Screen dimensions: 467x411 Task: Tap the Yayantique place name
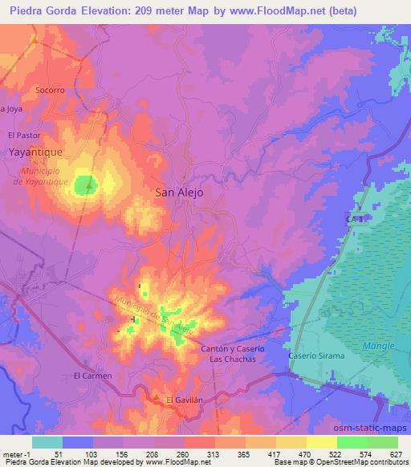[x=35, y=150]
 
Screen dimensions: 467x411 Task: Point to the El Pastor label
[x=23, y=136]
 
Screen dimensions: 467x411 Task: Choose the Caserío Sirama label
[x=316, y=355]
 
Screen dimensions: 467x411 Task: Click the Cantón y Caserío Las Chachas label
[x=232, y=353]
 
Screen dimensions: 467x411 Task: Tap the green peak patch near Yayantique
[x=86, y=186]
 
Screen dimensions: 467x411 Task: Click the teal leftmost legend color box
[x=47, y=442]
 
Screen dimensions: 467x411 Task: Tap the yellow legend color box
[x=321, y=442]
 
